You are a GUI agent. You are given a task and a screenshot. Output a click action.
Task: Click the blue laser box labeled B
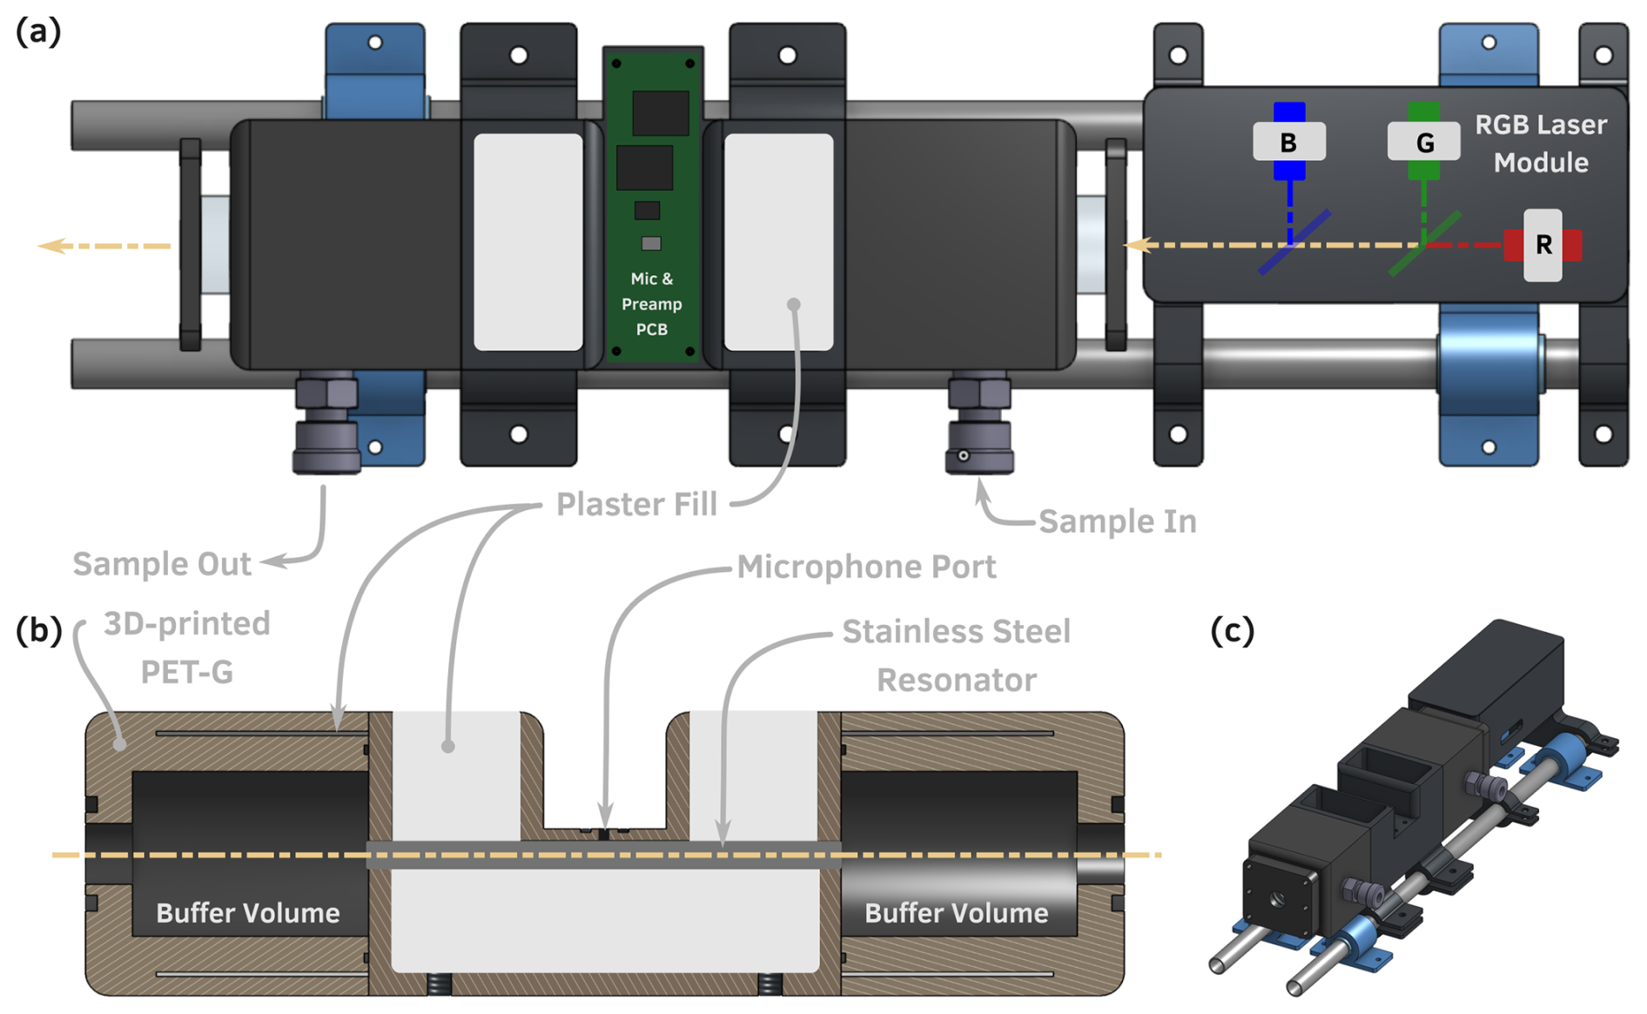click(x=1288, y=142)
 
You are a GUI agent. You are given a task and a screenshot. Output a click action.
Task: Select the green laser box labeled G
click(x=1423, y=142)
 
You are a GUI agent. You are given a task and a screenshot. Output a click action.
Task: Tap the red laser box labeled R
click(x=1543, y=245)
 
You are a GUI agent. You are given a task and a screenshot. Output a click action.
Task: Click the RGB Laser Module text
click(x=1541, y=144)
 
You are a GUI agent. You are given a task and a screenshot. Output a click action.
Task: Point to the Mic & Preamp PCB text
click(x=652, y=304)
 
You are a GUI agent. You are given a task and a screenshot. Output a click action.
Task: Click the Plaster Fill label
click(x=636, y=504)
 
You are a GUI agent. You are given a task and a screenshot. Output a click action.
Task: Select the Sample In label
click(x=1117, y=521)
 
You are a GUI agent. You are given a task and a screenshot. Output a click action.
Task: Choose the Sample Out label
click(x=162, y=564)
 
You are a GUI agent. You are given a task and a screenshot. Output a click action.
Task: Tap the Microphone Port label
click(x=866, y=567)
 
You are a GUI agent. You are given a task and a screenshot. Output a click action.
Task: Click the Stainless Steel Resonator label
click(x=956, y=655)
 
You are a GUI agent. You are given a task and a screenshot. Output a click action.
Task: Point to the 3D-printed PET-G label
click(x=186, y=648)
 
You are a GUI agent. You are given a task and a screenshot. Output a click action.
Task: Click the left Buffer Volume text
click(x=248, y=912)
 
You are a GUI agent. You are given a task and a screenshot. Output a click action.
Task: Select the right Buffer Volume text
click(x=956, y=912)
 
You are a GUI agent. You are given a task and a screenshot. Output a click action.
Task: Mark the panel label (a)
click(x=38, y=32)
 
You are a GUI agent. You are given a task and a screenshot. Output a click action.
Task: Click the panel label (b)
click(x=38, y=630)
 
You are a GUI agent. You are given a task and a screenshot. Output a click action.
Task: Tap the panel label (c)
click(x=1233, y=630)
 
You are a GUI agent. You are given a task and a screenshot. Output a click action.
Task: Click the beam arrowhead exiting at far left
click(x=50, y=246)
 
